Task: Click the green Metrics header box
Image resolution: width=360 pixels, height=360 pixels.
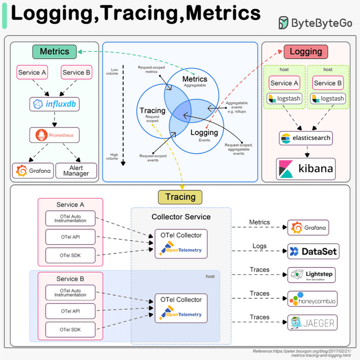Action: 55,51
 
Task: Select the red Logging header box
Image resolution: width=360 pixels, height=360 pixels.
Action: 305,51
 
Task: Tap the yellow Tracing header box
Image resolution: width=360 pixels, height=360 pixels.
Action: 181,196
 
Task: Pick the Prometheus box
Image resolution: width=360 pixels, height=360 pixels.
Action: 55,136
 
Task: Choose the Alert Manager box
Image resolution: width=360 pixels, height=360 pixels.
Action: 76,171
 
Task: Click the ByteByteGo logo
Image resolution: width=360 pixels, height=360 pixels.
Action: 315,23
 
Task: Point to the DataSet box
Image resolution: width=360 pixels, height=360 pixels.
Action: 312,251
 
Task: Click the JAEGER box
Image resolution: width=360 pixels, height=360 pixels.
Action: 312,322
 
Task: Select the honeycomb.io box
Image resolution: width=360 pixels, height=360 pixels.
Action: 312,299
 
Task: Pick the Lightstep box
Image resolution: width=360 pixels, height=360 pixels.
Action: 312,275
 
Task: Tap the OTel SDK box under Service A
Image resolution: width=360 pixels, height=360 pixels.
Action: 70,255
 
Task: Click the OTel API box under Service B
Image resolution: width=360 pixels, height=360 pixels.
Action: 70,311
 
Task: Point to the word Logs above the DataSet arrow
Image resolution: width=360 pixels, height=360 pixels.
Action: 259,246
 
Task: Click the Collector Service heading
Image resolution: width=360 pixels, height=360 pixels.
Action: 181,217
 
